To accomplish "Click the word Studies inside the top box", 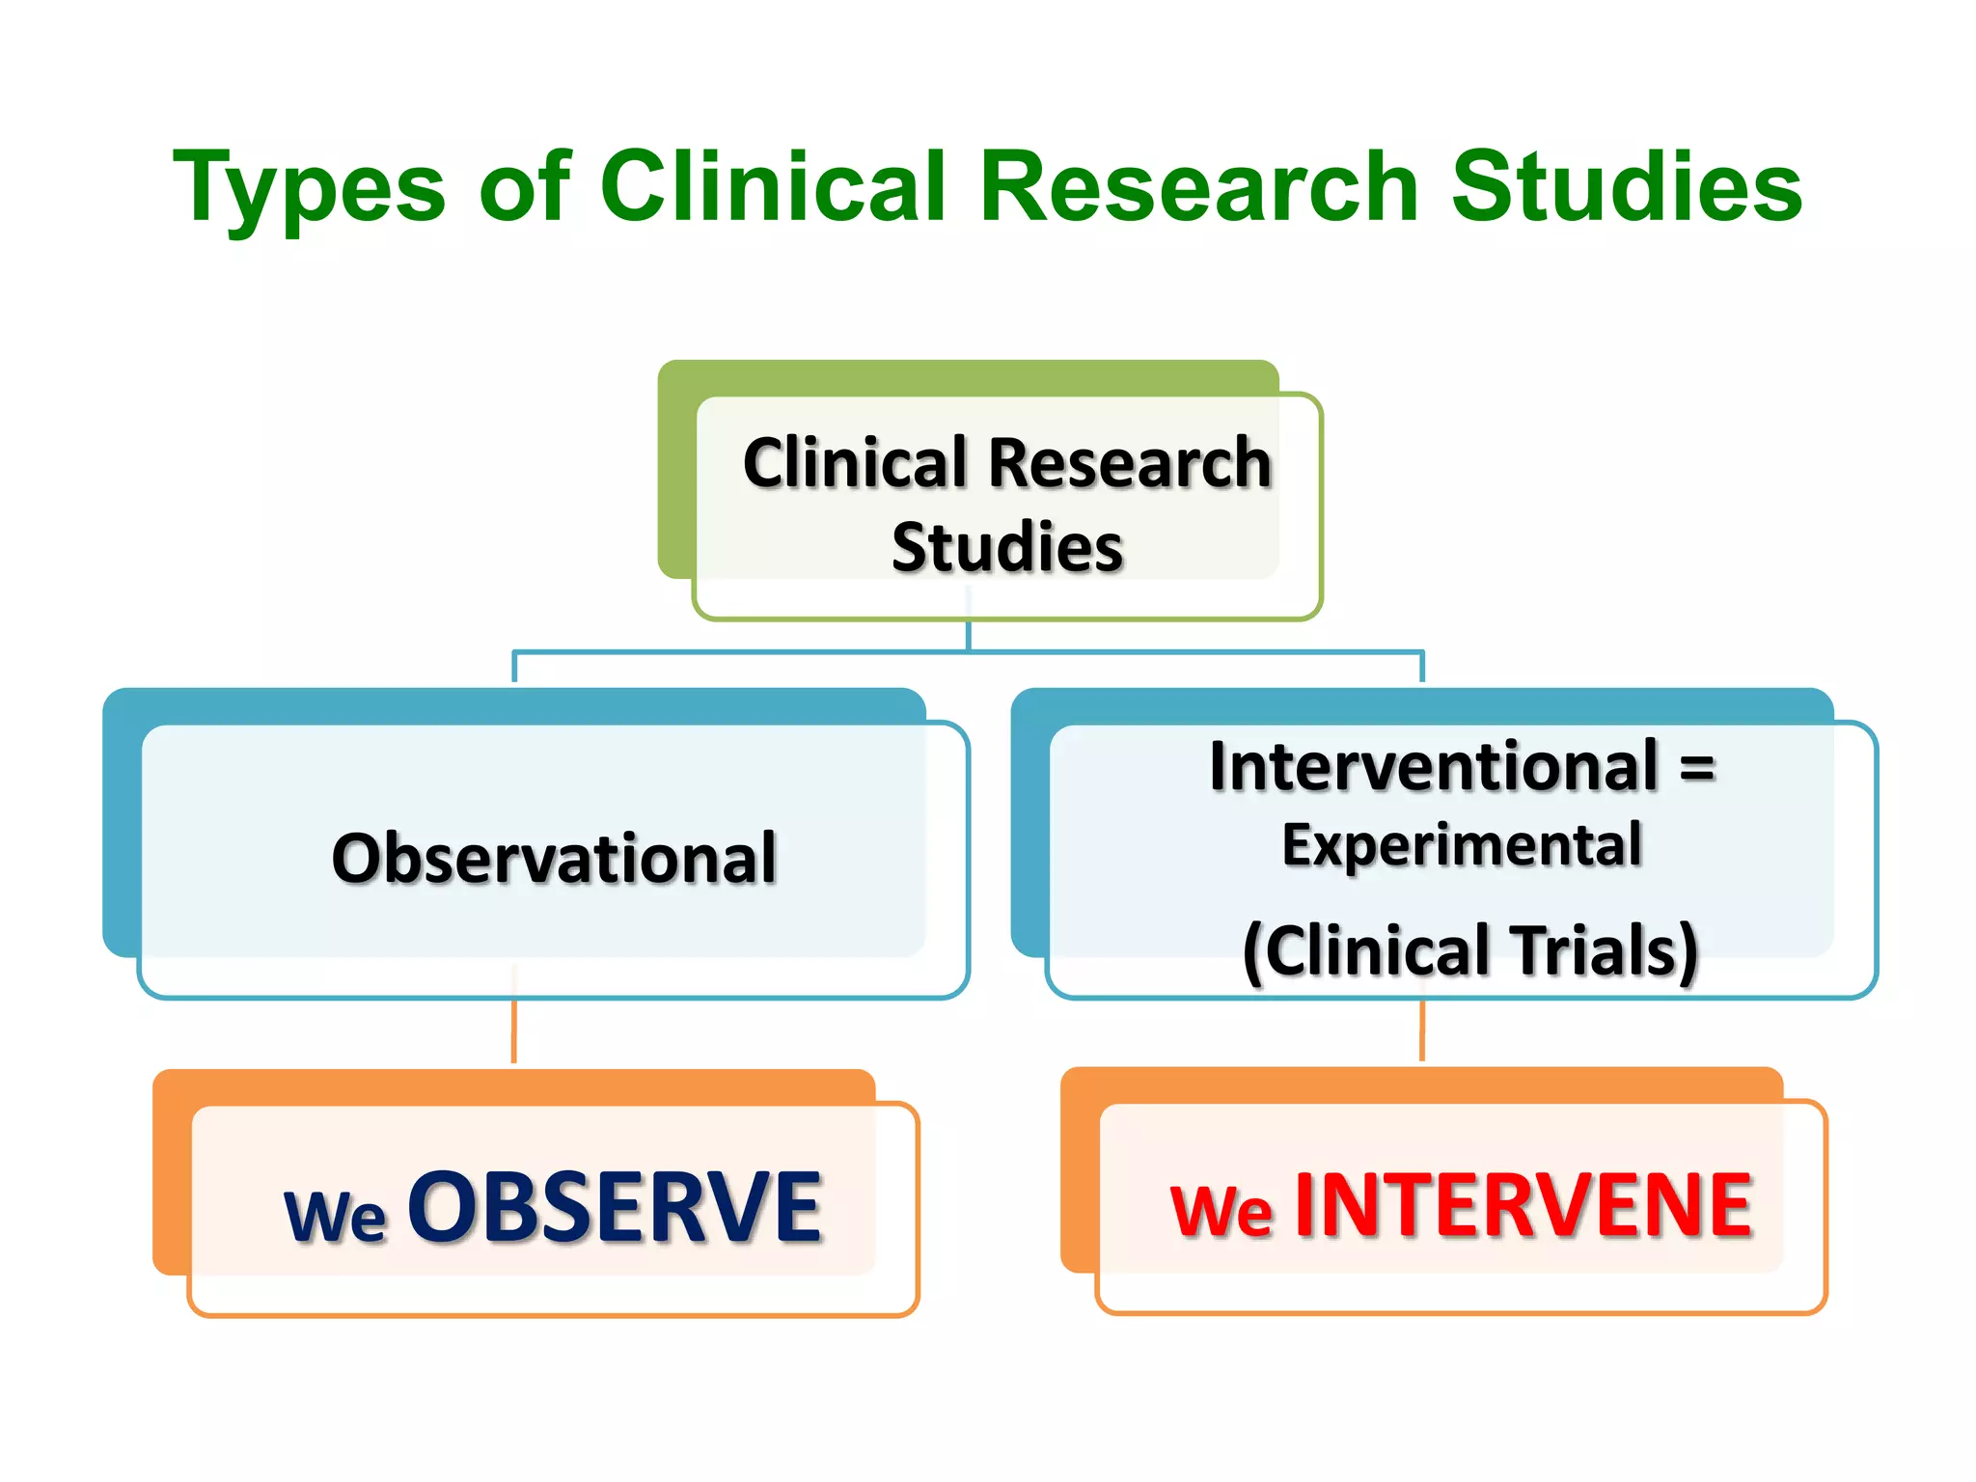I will [x=1007, y=547].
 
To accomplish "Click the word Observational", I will [x=554, y=858].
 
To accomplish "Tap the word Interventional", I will [x=1434, y=766].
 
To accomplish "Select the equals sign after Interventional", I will [x=1697, y=768].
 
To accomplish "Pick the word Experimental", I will [x=1461, y=845].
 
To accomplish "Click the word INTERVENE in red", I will [x=1523, y=1205].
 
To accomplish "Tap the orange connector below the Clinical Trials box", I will [x=1421, y=1030].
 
